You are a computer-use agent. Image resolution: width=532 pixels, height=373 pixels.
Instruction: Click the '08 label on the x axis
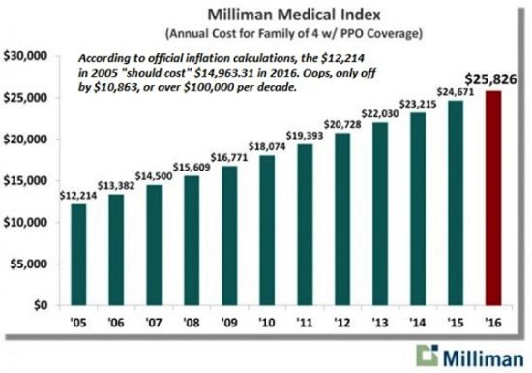pyautogui.click(x=192, y=323)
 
